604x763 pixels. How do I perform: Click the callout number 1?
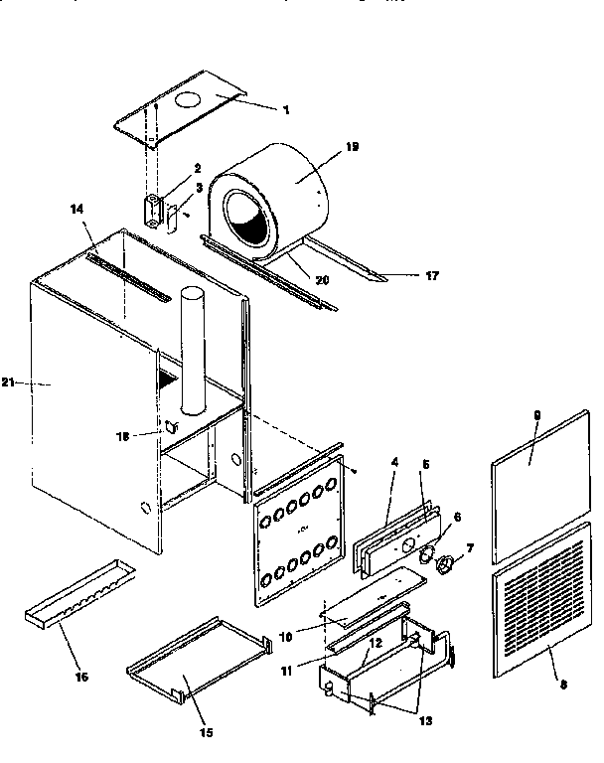pyautogui.click(x=286, y=109)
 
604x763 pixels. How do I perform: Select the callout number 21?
pyautogui.click(x=8, y=381)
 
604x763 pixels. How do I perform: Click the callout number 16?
pyautogui.click(x=81, y=677)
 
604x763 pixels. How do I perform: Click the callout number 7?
pyautogui.click(x=470, y=546)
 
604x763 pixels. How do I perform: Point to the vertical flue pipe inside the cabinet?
pyautogui.click(x=194, y=348)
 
